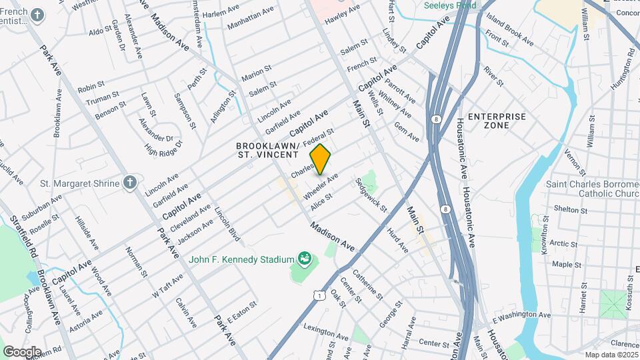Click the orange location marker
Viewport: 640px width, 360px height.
click(321, 159)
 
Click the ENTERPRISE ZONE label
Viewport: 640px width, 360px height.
click(497, 121)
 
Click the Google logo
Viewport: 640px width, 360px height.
click(22, 351)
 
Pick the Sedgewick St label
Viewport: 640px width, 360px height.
click(372, 194)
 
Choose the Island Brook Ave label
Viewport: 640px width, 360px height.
click(511, 31)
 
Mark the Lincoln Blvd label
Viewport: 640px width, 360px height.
click(227, 227)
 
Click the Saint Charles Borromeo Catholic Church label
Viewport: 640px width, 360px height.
click(593, 189)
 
